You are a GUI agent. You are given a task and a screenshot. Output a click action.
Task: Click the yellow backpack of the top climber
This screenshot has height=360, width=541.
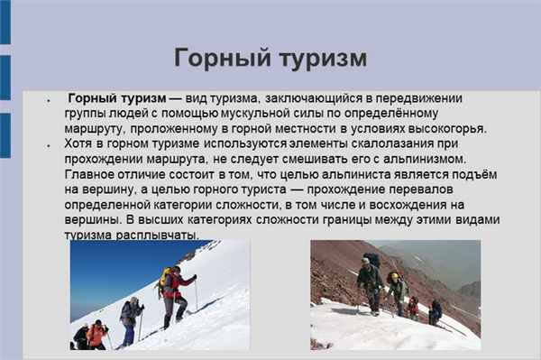(x=166, y=282)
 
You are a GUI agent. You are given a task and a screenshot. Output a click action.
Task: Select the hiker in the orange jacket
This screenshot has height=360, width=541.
(x=96, y=334)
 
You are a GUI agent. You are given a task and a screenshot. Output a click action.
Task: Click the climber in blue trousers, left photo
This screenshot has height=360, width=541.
(x=130, y=318)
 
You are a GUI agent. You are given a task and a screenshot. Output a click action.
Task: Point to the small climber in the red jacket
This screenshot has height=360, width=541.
(x=413, y=306)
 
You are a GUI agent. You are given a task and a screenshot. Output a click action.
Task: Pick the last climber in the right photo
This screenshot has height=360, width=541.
(x=435, y=312)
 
